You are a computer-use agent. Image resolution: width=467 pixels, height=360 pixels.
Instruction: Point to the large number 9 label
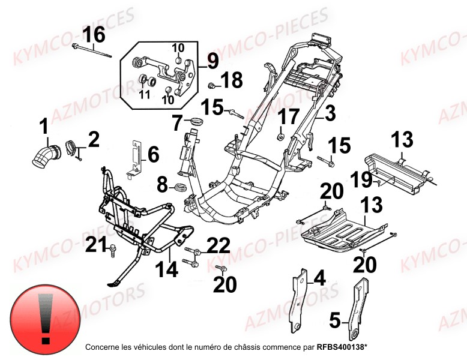point(212,61)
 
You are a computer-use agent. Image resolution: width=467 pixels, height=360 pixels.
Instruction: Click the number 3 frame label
point(331,113)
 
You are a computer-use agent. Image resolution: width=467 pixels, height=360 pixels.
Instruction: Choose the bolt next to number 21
point(112,248)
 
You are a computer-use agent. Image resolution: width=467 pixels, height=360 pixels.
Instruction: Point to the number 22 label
point(218,245)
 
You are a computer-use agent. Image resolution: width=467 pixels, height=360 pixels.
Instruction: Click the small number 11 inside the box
point(143,94)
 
